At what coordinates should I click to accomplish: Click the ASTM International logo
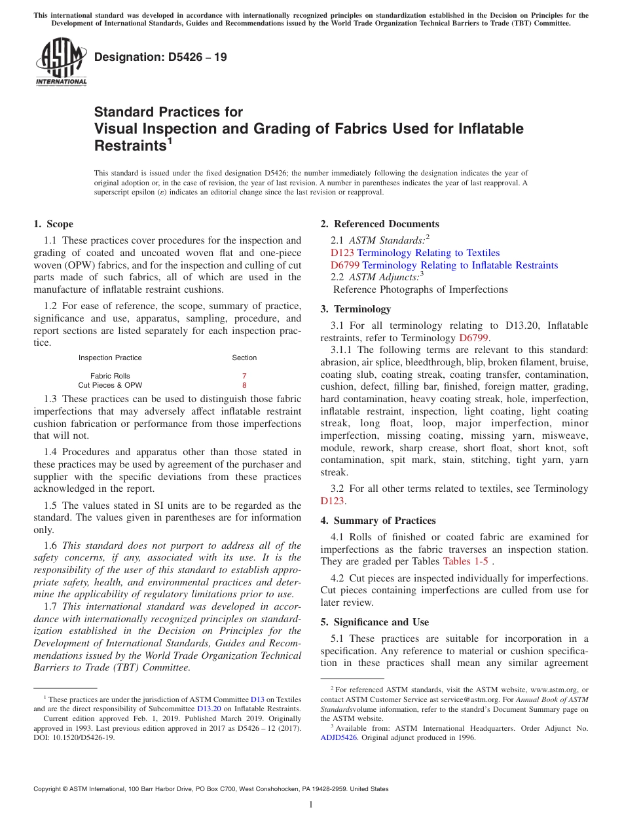click(x=61, y=62)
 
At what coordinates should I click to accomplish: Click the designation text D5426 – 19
click(x=160, y=58)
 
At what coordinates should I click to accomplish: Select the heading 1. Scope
click(x=53, y=224)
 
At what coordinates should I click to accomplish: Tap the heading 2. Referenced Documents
click(x=380, y=224)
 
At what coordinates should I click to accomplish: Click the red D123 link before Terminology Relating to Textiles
click(x=342, y=253)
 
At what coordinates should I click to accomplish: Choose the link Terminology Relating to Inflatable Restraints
click(x=460, y=265)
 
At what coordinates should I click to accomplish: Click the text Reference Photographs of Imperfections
click(x=420, y=289)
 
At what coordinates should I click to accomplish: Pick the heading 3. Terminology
click(x=356, y=309)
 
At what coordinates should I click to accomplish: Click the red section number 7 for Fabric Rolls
click(x=244, y=376)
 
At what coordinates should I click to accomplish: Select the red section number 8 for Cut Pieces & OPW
click(x=244, y=386)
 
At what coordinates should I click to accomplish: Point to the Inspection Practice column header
click(x=110, y=358)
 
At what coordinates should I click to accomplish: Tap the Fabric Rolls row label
click(x=110, y=376)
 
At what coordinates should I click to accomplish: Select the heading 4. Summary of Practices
click(x=378, y=521)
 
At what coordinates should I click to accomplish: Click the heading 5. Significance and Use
click(x=375, y=622)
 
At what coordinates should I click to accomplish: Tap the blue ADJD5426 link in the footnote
click(x=338, y=737)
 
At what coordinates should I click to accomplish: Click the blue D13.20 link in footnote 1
click(x=210, y=709)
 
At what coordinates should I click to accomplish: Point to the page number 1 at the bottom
click(x=311, y=805)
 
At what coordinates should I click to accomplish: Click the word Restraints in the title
click(x=130, y=145)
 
